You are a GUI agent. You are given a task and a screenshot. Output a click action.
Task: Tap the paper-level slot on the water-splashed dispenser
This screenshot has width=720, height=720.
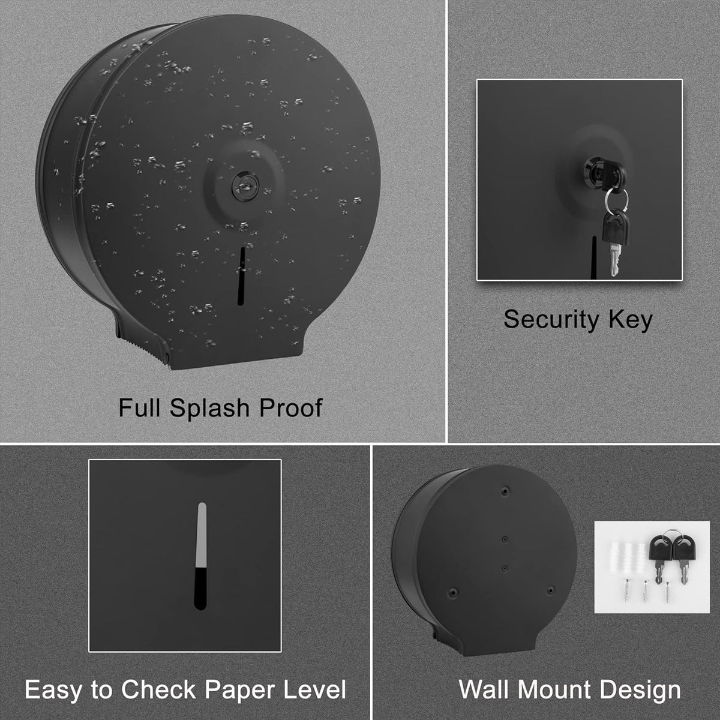(x=242, y=276)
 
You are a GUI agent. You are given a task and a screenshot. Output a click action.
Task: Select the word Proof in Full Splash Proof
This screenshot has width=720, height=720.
(x=290, y=408)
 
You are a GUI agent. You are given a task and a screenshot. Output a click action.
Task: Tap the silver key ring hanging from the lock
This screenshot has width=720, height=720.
(x=616, y=200)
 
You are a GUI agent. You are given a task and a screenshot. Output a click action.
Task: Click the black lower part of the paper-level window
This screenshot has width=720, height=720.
(x=200, y=589)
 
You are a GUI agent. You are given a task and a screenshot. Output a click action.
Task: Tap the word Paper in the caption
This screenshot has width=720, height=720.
(x=241, y=690)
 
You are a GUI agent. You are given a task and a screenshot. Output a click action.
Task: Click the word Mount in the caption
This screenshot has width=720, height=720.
(x=555, y=690)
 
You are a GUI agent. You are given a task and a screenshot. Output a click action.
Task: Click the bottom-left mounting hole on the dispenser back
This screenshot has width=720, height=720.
(x=453, y=592)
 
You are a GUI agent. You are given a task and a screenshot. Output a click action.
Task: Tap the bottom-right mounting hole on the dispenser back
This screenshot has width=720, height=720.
(x=551, y=590)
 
